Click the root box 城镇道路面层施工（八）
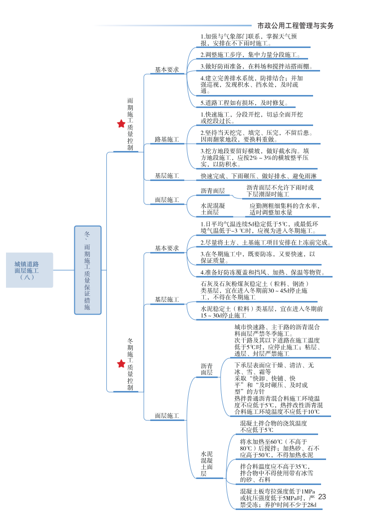29,270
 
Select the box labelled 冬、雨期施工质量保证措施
87,270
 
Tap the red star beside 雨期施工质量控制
121,123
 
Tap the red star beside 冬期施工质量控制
121,363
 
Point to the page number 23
322,496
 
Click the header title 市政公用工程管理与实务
295,25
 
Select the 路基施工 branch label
166,139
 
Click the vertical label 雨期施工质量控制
130,124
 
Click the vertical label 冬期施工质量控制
130,364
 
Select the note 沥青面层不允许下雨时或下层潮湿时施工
280,190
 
